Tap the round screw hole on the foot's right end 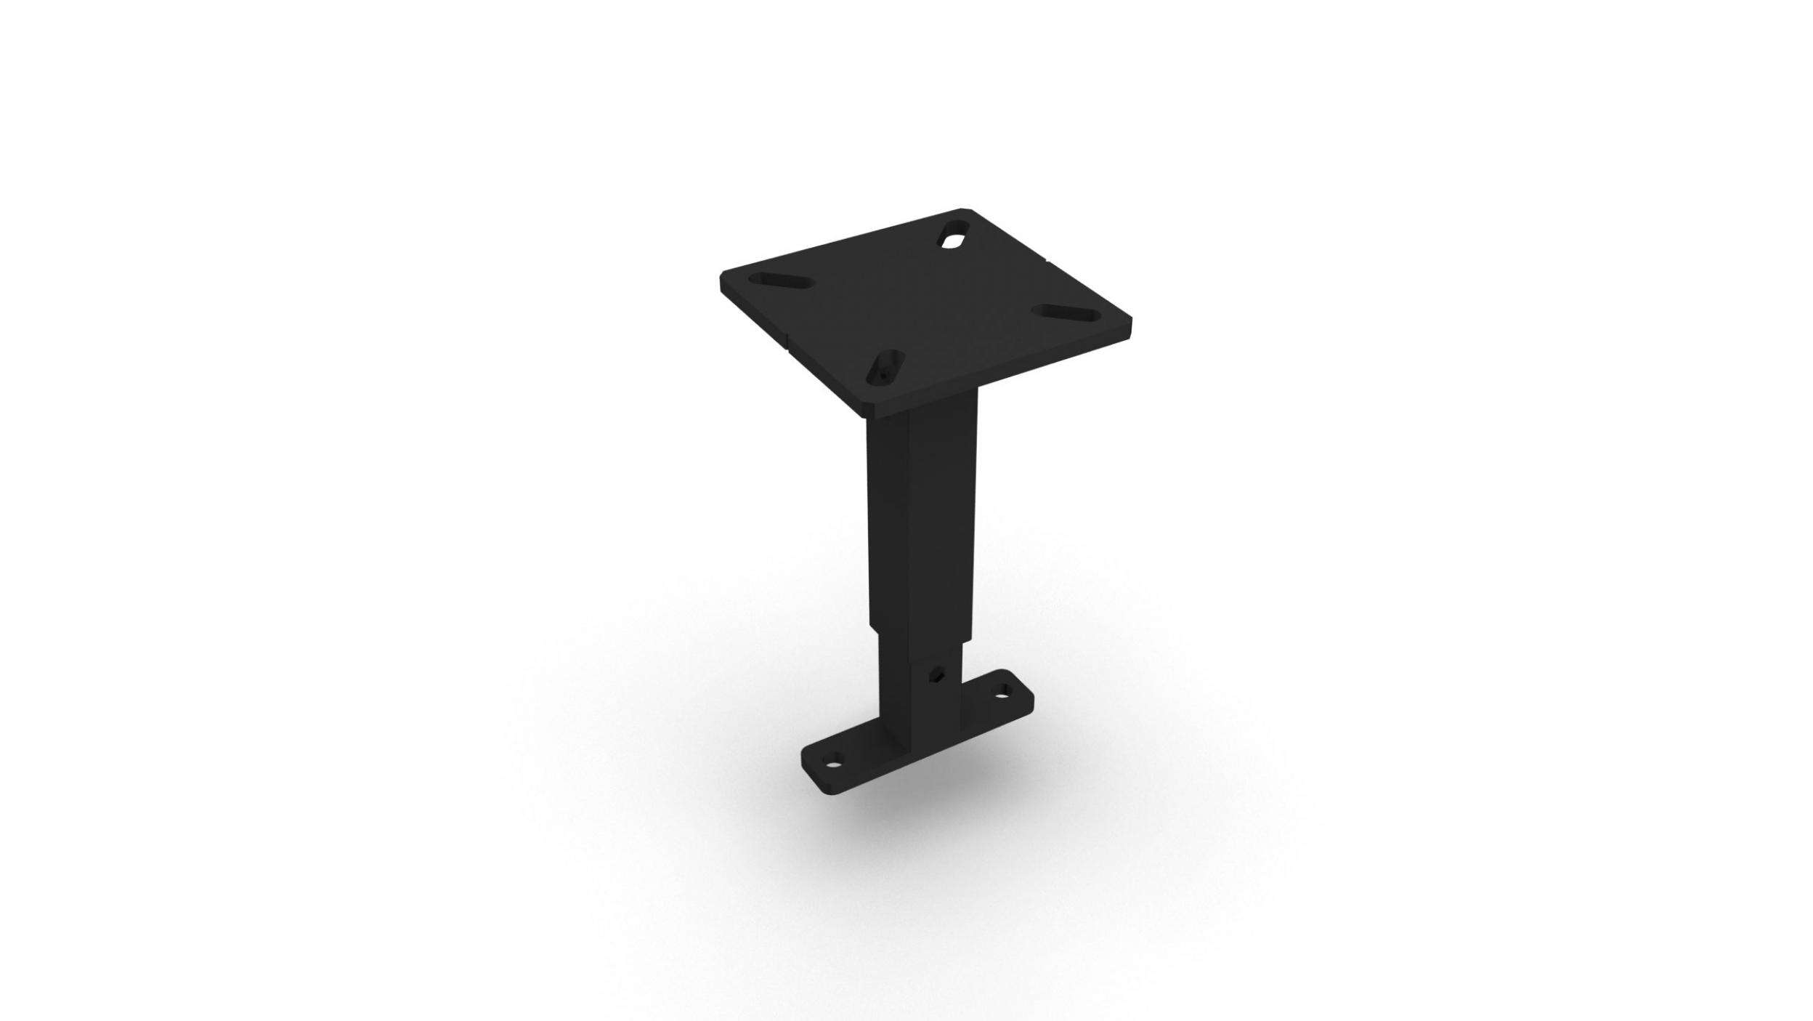[1005, 714]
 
